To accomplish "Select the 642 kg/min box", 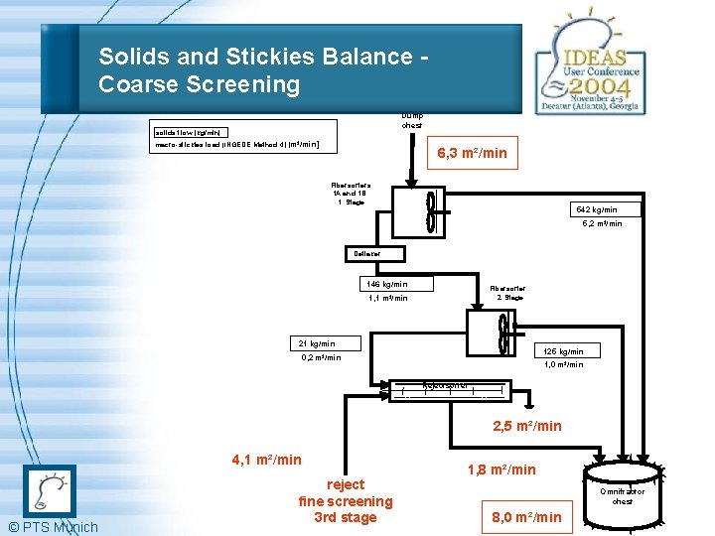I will click(604, 209).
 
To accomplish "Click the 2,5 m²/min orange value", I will click(528, 426).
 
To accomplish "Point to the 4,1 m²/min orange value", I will click(266, 460).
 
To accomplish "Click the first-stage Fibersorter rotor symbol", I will click(430, 212).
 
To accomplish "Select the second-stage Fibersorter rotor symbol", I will click(503, 335).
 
